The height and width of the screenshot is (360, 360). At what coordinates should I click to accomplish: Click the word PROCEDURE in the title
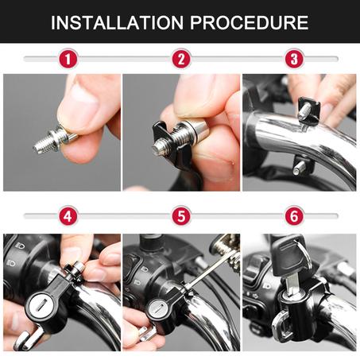pos(250,21)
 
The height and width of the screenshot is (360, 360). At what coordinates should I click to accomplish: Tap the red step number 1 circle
pos(69,59)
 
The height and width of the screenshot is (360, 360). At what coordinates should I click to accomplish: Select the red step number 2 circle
pos(182,59)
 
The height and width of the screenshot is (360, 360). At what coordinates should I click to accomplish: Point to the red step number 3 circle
pos(294,59)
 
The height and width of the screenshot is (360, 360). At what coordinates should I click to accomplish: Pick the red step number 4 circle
pos(69,215)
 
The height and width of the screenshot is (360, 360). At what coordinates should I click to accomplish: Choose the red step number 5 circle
pos(182,215)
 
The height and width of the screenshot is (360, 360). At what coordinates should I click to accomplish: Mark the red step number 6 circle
pos(294,215)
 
